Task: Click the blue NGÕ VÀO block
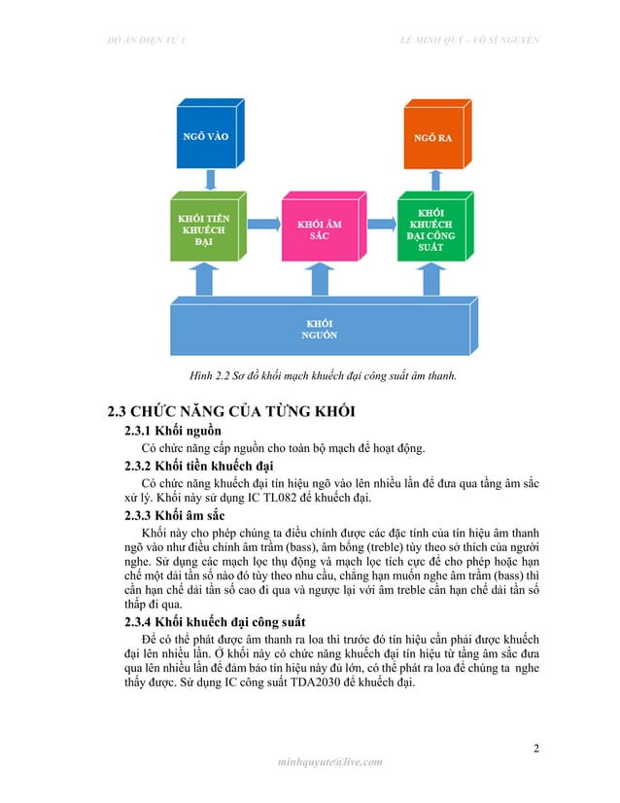pos(206,136)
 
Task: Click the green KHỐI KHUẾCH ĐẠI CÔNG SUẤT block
pos(431,229)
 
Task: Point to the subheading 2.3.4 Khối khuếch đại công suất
pos(221,622)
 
